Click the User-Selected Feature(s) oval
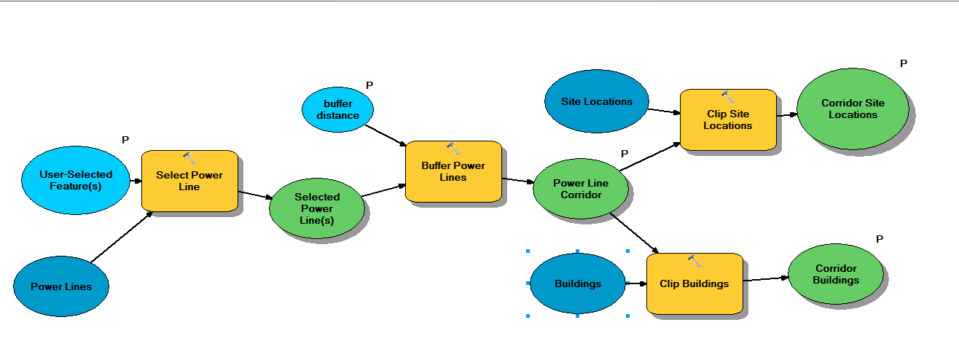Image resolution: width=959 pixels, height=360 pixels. point(75,180)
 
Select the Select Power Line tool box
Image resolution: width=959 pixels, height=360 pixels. point(189,181)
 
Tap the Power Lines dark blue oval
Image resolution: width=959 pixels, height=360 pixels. point(61,286)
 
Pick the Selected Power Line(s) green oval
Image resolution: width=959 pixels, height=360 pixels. point(317,208)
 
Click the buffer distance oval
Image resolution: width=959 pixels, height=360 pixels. point(338,110)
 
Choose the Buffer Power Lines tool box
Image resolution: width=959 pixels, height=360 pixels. point(453,172)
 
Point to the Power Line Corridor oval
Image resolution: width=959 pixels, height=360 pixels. point(581,189)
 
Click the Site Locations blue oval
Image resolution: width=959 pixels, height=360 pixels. point(596,101)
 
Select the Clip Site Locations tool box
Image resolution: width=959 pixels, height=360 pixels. point(727,120)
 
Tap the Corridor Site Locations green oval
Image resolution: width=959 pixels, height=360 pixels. point(853,109)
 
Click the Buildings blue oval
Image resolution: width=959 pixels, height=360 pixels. point(577,283)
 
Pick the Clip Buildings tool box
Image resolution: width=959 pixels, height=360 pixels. point(694,284)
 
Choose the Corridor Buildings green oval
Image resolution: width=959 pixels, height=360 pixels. point(836,274)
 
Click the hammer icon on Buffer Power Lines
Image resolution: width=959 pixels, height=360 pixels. point(453,149)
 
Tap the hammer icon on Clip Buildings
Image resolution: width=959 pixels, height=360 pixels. point(694,260)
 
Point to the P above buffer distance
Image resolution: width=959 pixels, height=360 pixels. point(369,85)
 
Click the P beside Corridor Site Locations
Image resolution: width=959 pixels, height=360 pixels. point(904,63)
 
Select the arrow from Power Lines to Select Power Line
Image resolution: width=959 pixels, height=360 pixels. point(120,238)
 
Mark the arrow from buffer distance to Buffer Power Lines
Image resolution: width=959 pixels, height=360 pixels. point(386,135)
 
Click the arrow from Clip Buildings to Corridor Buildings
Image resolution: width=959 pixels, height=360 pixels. point(765,279)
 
